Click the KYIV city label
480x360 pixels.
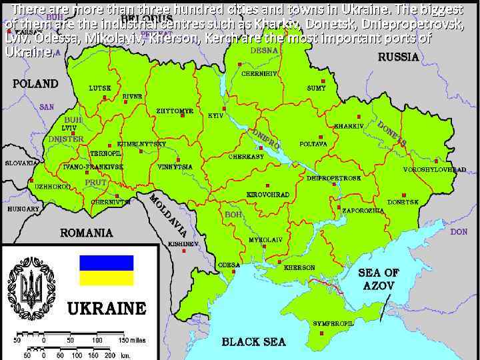(215, 115)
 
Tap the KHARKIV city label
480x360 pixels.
(349, 125)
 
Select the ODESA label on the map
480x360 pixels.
(229, 265)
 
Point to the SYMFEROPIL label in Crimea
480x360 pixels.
(333, 323)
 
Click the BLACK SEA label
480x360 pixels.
(253, 341)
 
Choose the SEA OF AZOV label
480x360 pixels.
(379, 279)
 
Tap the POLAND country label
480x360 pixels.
(35, 84)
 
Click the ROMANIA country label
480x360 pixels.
(87, 233)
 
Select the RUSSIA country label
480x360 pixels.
(399, 57)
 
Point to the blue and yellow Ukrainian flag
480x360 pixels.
(107, 270)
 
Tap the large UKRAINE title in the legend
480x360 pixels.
(107, 308)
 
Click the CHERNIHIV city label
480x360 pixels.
(259, 73)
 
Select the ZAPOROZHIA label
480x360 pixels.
(363, 210)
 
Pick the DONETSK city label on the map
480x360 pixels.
(403, 201)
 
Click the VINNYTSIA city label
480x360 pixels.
(175, 167)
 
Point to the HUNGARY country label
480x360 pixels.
(23, 209)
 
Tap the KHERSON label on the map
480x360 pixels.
(299, 267)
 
